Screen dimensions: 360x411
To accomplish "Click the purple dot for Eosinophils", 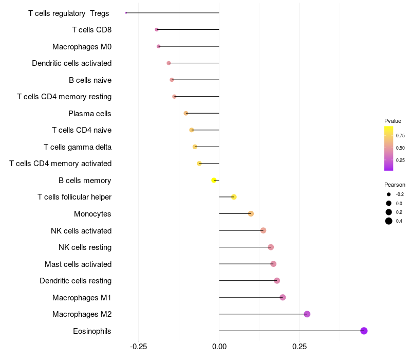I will pos(364,331).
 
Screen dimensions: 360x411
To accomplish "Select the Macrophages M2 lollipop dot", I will pos(307,314).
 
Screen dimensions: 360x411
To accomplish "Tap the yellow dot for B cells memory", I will pos(214,180).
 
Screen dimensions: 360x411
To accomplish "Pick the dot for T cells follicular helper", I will pos(234,197).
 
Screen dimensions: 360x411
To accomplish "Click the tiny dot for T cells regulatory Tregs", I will pos(126,13).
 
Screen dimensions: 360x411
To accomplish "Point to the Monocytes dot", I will pos(251,213).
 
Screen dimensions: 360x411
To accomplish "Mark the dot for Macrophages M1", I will pos(283,297).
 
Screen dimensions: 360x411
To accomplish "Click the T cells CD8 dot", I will pos(157,30).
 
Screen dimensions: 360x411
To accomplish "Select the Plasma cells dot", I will pos(186,113).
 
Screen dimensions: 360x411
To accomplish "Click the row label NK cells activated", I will pos(81,230).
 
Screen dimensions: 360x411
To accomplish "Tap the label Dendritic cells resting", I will pos(76,281).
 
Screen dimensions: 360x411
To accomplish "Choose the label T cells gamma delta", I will pos(78,147).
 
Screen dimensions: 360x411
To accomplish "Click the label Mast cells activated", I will pos(78,264).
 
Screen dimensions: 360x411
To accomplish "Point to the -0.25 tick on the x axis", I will pos(138,346).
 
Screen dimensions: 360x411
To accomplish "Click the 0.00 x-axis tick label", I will pos(219,346).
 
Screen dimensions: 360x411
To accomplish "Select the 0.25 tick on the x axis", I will pos(300,346).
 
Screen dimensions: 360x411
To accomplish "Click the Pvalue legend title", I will pos(393,121).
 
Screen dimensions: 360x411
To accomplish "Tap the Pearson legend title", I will pos(395,185).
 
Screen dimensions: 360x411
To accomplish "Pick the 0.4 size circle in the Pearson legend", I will pos(389,221).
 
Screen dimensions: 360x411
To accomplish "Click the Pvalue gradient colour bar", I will pos(389,148).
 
